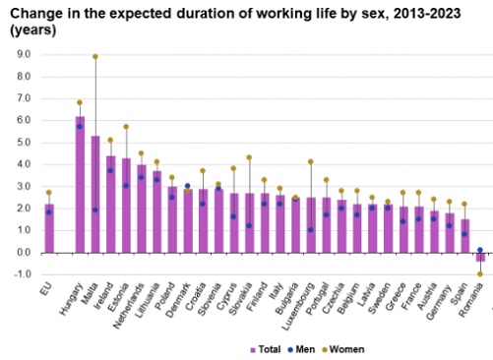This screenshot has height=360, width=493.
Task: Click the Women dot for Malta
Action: tap(95, 57)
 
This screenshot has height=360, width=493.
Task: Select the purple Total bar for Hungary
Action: tap(80, 185)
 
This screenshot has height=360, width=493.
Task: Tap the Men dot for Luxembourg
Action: tap(311, 230)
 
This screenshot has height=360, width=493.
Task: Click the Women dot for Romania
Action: tap(480, 274)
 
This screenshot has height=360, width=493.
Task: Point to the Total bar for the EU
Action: tap(49, 228)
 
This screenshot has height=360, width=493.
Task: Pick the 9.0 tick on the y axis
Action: tap(24, 54)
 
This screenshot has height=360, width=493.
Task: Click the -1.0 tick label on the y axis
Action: tap(23, 274)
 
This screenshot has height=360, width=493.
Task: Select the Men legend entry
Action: tap(301, 349)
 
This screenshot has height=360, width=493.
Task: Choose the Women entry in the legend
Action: tap(344, 349)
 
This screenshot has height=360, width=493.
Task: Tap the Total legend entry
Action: tap(266, 349)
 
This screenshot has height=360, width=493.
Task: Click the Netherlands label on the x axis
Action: tap(129, 306)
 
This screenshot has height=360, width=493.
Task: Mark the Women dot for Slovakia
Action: tap(249, 157)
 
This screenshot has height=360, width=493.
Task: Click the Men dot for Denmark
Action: tap(187, 186)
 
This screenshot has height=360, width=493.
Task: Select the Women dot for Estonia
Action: tap(126, 127)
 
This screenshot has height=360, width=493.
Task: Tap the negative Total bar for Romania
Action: tap(480, 257)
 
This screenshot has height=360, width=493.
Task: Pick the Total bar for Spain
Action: tap(465, 236)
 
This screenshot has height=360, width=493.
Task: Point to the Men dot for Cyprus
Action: tap(233, 216)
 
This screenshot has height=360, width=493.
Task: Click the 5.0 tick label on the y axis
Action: tap(24, 143)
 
